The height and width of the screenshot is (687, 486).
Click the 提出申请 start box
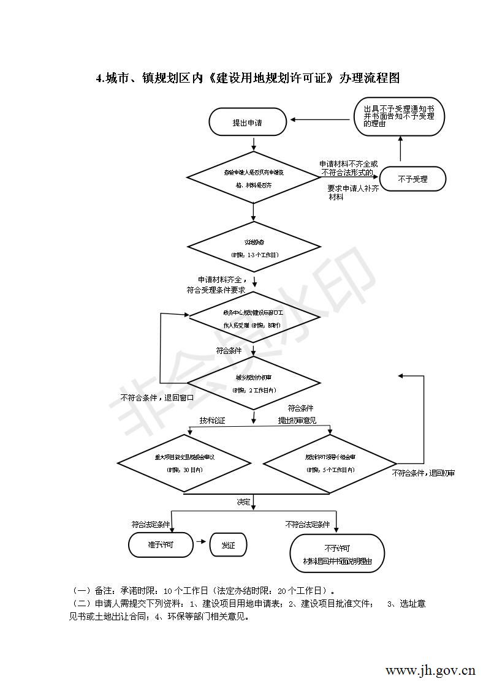click(248, 122)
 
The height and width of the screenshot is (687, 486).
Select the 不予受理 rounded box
click(412, 179)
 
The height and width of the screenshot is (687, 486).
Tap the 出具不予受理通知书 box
click(399, 116)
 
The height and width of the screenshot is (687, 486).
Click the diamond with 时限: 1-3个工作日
click(254, 248)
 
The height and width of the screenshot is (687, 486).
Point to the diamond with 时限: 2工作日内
click(254, 384)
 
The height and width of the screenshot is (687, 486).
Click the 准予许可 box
click(161, 544)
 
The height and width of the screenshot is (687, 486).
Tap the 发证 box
click(228, 544)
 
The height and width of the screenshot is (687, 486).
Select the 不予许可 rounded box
click(337, 554)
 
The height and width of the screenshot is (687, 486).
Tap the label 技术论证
click(212, 421)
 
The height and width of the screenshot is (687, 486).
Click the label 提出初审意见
click(297, 421)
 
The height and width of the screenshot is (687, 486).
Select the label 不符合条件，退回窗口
click(158, 397)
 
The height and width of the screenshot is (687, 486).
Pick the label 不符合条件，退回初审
click(423, 473)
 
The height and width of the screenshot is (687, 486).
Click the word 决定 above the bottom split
click(244, 501)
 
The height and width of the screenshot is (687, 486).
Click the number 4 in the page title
click(99, 78)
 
